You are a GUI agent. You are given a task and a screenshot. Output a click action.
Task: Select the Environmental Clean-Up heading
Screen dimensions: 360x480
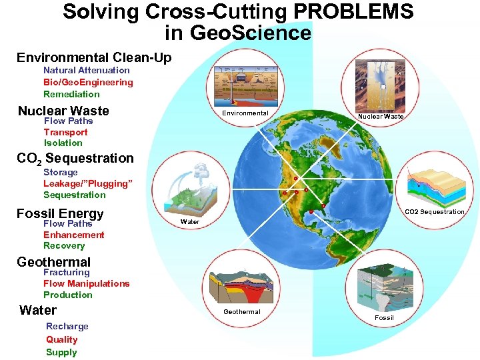tap(94, 57)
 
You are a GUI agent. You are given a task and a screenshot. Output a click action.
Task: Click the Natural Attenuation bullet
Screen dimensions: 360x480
tap(87, 70)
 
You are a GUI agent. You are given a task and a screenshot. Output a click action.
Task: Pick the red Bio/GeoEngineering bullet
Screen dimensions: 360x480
tap(88, 82)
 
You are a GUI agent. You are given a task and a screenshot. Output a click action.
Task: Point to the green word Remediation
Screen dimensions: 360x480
tap(71, 94)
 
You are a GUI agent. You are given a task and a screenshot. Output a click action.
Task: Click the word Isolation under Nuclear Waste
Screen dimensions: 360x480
tap(63, 143)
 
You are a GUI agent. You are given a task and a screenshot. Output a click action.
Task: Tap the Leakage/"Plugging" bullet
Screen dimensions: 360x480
tap(88, 183)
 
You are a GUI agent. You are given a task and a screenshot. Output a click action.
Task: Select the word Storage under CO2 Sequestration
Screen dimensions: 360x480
tap(61, 172)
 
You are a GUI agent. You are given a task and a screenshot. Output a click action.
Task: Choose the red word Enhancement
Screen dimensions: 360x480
tap(74, 235)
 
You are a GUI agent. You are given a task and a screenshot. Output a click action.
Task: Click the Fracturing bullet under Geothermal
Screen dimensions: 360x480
tap(67, 272)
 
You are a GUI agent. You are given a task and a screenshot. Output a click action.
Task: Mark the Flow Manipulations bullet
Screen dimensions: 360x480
tap(87, 283)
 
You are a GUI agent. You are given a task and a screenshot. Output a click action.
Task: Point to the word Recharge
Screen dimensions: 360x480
tap(67, 326)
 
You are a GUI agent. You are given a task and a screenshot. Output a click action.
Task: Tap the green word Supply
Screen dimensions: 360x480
tap(61, 352)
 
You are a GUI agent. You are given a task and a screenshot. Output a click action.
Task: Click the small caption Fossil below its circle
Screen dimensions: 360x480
tap(384, 317)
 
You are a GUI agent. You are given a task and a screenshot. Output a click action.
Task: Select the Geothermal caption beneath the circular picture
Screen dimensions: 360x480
tap(242, 311)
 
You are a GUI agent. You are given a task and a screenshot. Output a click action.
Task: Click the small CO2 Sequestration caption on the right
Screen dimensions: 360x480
tap(435, 212)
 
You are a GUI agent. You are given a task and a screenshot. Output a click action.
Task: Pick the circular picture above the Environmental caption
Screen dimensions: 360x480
tap(244, 82)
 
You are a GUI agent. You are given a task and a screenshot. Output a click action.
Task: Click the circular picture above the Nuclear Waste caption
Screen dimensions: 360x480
tap(380, 83)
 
